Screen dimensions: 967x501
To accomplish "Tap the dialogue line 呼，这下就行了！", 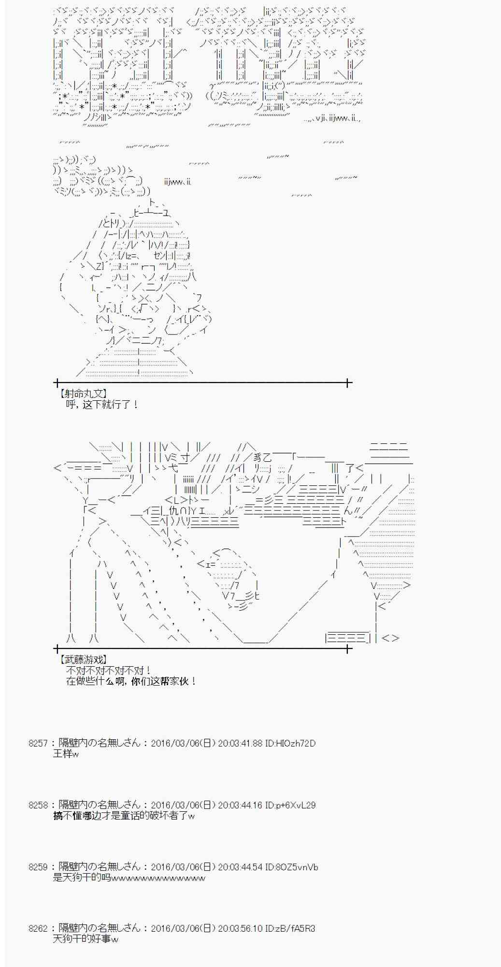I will pos(102,404).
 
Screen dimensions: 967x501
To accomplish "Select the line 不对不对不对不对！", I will pos(109,670).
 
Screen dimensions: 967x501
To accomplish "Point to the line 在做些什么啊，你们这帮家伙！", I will pos(131,681).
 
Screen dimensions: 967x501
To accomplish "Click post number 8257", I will pos(38,743).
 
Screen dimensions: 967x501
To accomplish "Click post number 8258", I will pos(38,805).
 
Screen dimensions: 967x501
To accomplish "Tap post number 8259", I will pos(38,867).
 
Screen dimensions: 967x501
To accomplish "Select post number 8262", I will pos(38,928).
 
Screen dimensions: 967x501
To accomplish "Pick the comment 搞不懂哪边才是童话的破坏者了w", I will pos(124,816).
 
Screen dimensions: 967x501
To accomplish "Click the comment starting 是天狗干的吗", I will pos(129,878).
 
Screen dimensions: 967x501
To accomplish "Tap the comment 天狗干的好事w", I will pos(86,939).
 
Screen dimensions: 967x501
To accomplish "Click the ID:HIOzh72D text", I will pos(290,743).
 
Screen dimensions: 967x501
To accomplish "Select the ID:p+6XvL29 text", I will pos(290,805).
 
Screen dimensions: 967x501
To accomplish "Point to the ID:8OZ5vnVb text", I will pos(291,867).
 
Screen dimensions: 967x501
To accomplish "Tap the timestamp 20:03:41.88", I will pos(240,743).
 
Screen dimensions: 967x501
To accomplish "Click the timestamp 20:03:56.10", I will pos(240,928).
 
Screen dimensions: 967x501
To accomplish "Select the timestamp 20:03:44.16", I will pos(240,805).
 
